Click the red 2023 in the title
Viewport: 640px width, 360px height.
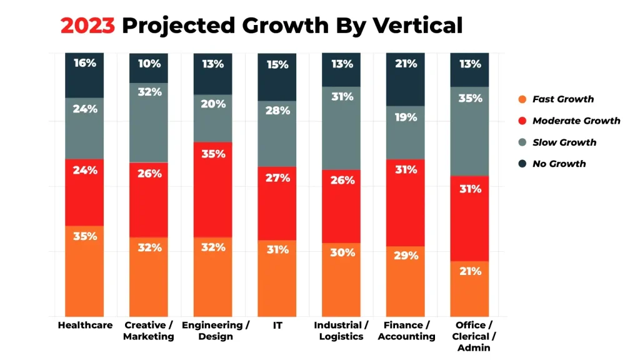pos(87,26)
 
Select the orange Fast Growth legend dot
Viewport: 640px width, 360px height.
pos(522,99)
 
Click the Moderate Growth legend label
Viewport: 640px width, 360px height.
pos(576,121)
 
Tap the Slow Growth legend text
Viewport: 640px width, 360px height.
pos(564,142)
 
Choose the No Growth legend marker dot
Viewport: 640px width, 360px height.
pos(522,164)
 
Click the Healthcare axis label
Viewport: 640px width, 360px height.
pos(85,325)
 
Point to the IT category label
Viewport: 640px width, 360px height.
pos(277,325)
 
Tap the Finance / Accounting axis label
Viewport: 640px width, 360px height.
pos(406,331)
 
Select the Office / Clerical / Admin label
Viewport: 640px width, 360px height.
pos(469,336)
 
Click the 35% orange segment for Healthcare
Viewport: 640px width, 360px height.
pos(84,270)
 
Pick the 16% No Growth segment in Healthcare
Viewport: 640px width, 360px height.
pos(84,75)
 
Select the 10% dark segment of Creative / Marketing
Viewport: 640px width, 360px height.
pos(149,67)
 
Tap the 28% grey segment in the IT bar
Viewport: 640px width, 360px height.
pos(277,133)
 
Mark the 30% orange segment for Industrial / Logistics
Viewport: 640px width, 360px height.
pos(341,279)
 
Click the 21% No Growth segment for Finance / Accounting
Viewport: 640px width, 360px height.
pos(406,79)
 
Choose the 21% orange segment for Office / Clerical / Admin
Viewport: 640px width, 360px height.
pos(469,288)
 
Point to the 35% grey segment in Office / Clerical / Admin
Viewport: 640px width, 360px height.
pos(469,131)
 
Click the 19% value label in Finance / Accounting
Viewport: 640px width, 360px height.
pos(406,117)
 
